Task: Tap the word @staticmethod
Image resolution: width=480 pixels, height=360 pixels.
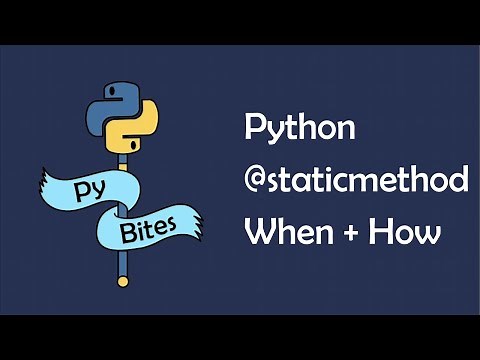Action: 357,182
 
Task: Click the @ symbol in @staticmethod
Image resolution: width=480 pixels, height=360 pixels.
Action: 259,183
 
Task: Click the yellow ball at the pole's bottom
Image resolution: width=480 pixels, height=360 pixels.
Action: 123,282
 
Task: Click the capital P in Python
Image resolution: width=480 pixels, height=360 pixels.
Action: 255,129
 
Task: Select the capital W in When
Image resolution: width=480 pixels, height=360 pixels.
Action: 261,234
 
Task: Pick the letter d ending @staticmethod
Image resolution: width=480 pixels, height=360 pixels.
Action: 458,182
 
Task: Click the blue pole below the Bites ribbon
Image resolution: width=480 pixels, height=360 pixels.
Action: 123,262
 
